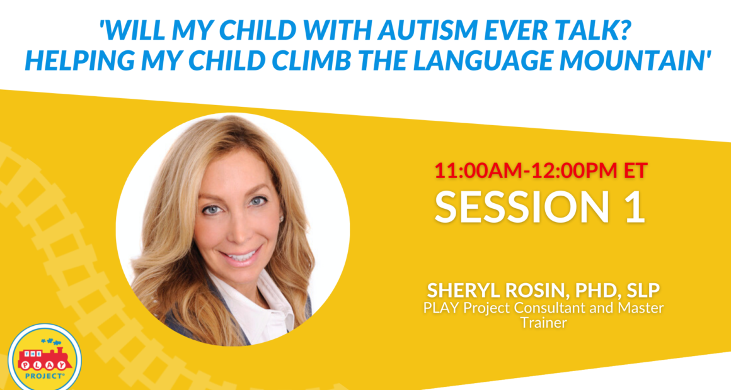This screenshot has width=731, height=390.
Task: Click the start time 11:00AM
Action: (479, 170)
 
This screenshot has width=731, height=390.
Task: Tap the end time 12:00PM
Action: (574, 170)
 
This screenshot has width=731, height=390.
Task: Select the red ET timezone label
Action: (635, 170)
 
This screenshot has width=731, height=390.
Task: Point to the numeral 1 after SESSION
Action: (635, 206)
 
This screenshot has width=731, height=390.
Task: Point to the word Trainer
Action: (544, 322)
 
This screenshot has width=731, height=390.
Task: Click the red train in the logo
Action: (45, 360)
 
